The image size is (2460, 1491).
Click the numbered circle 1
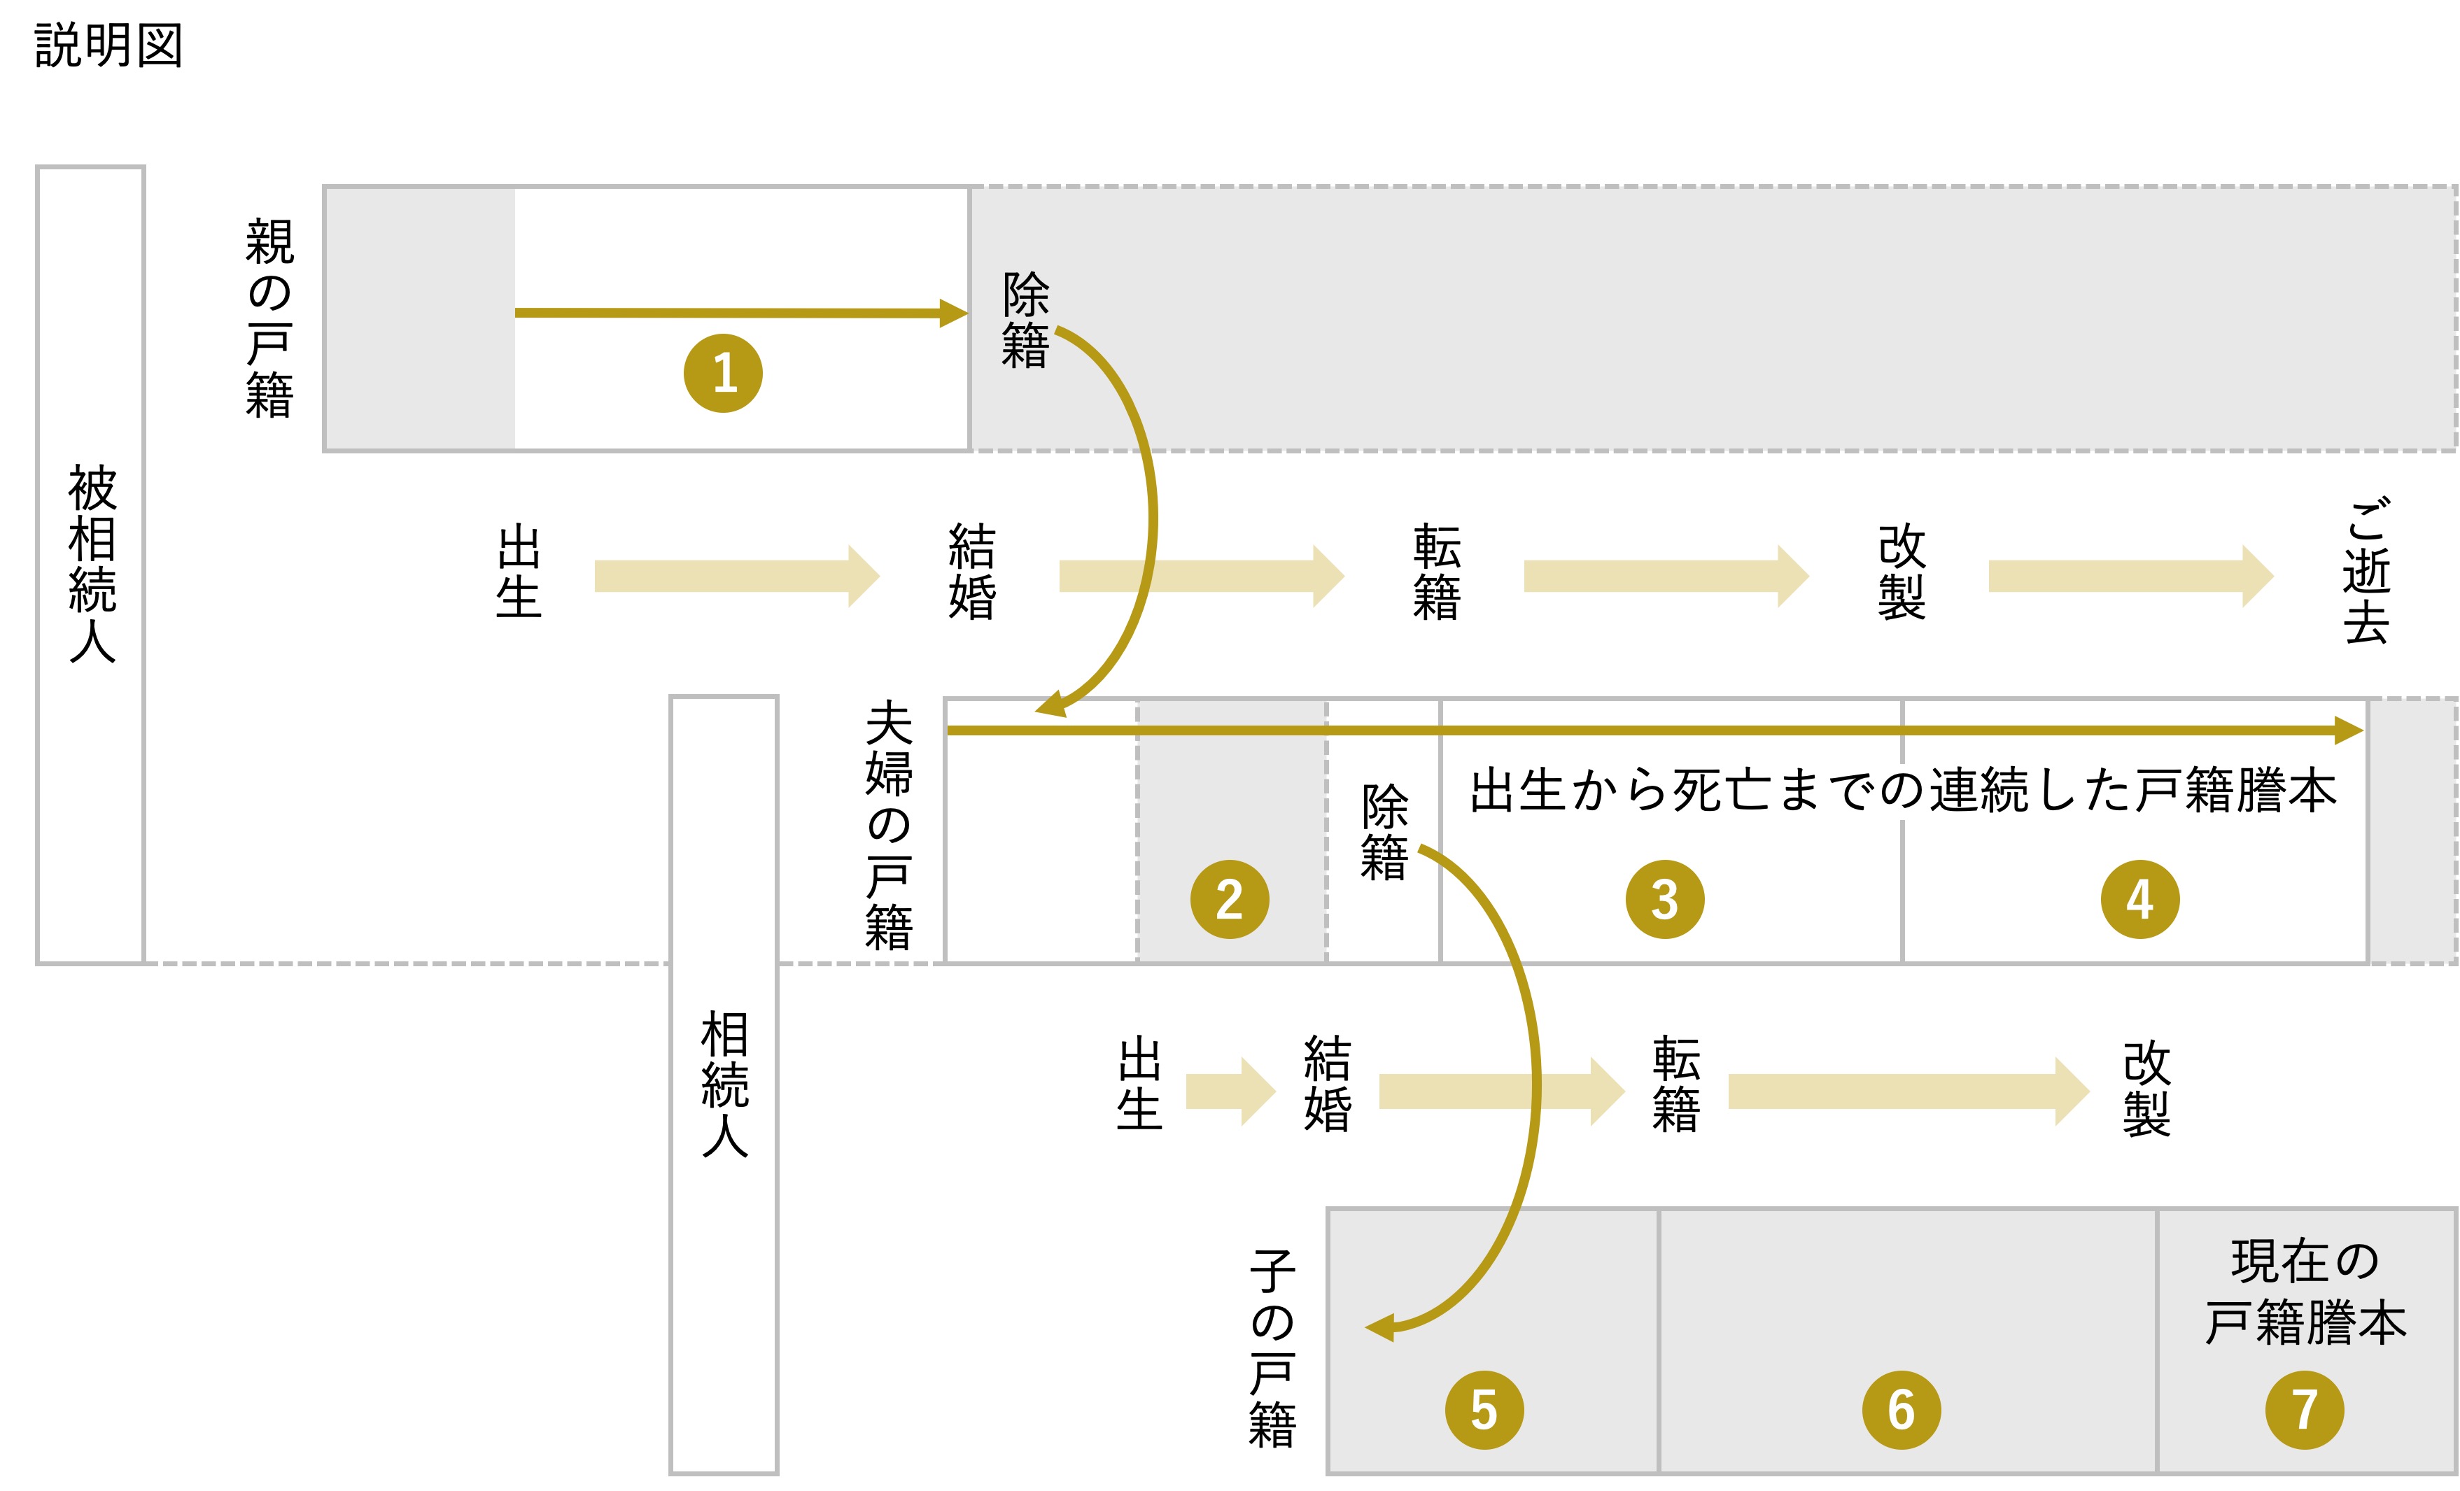click(723, 373)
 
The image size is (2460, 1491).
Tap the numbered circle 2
click(1229, 899)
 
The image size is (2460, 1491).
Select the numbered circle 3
click(1664, 899)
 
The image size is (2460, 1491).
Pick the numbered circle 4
click(2139, 899)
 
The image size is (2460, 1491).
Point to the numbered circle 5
click(1484, 1409)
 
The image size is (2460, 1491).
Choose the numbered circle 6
click(1901, 1409)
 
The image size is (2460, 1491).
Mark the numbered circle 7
click(2304, 1409)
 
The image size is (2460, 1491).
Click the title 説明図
click(108, 46)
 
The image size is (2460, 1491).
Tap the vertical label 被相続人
click(92, 564)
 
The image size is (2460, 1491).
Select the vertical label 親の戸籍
click(269, 318)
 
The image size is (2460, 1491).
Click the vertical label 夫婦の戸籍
click(889, 826)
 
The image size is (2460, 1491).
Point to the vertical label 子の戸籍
click(1272, 1348)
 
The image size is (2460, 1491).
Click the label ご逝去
click(2366, 571)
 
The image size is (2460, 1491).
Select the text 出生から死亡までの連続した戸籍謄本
click(1903, 791)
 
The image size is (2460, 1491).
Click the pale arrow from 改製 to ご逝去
click(2130, 576)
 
